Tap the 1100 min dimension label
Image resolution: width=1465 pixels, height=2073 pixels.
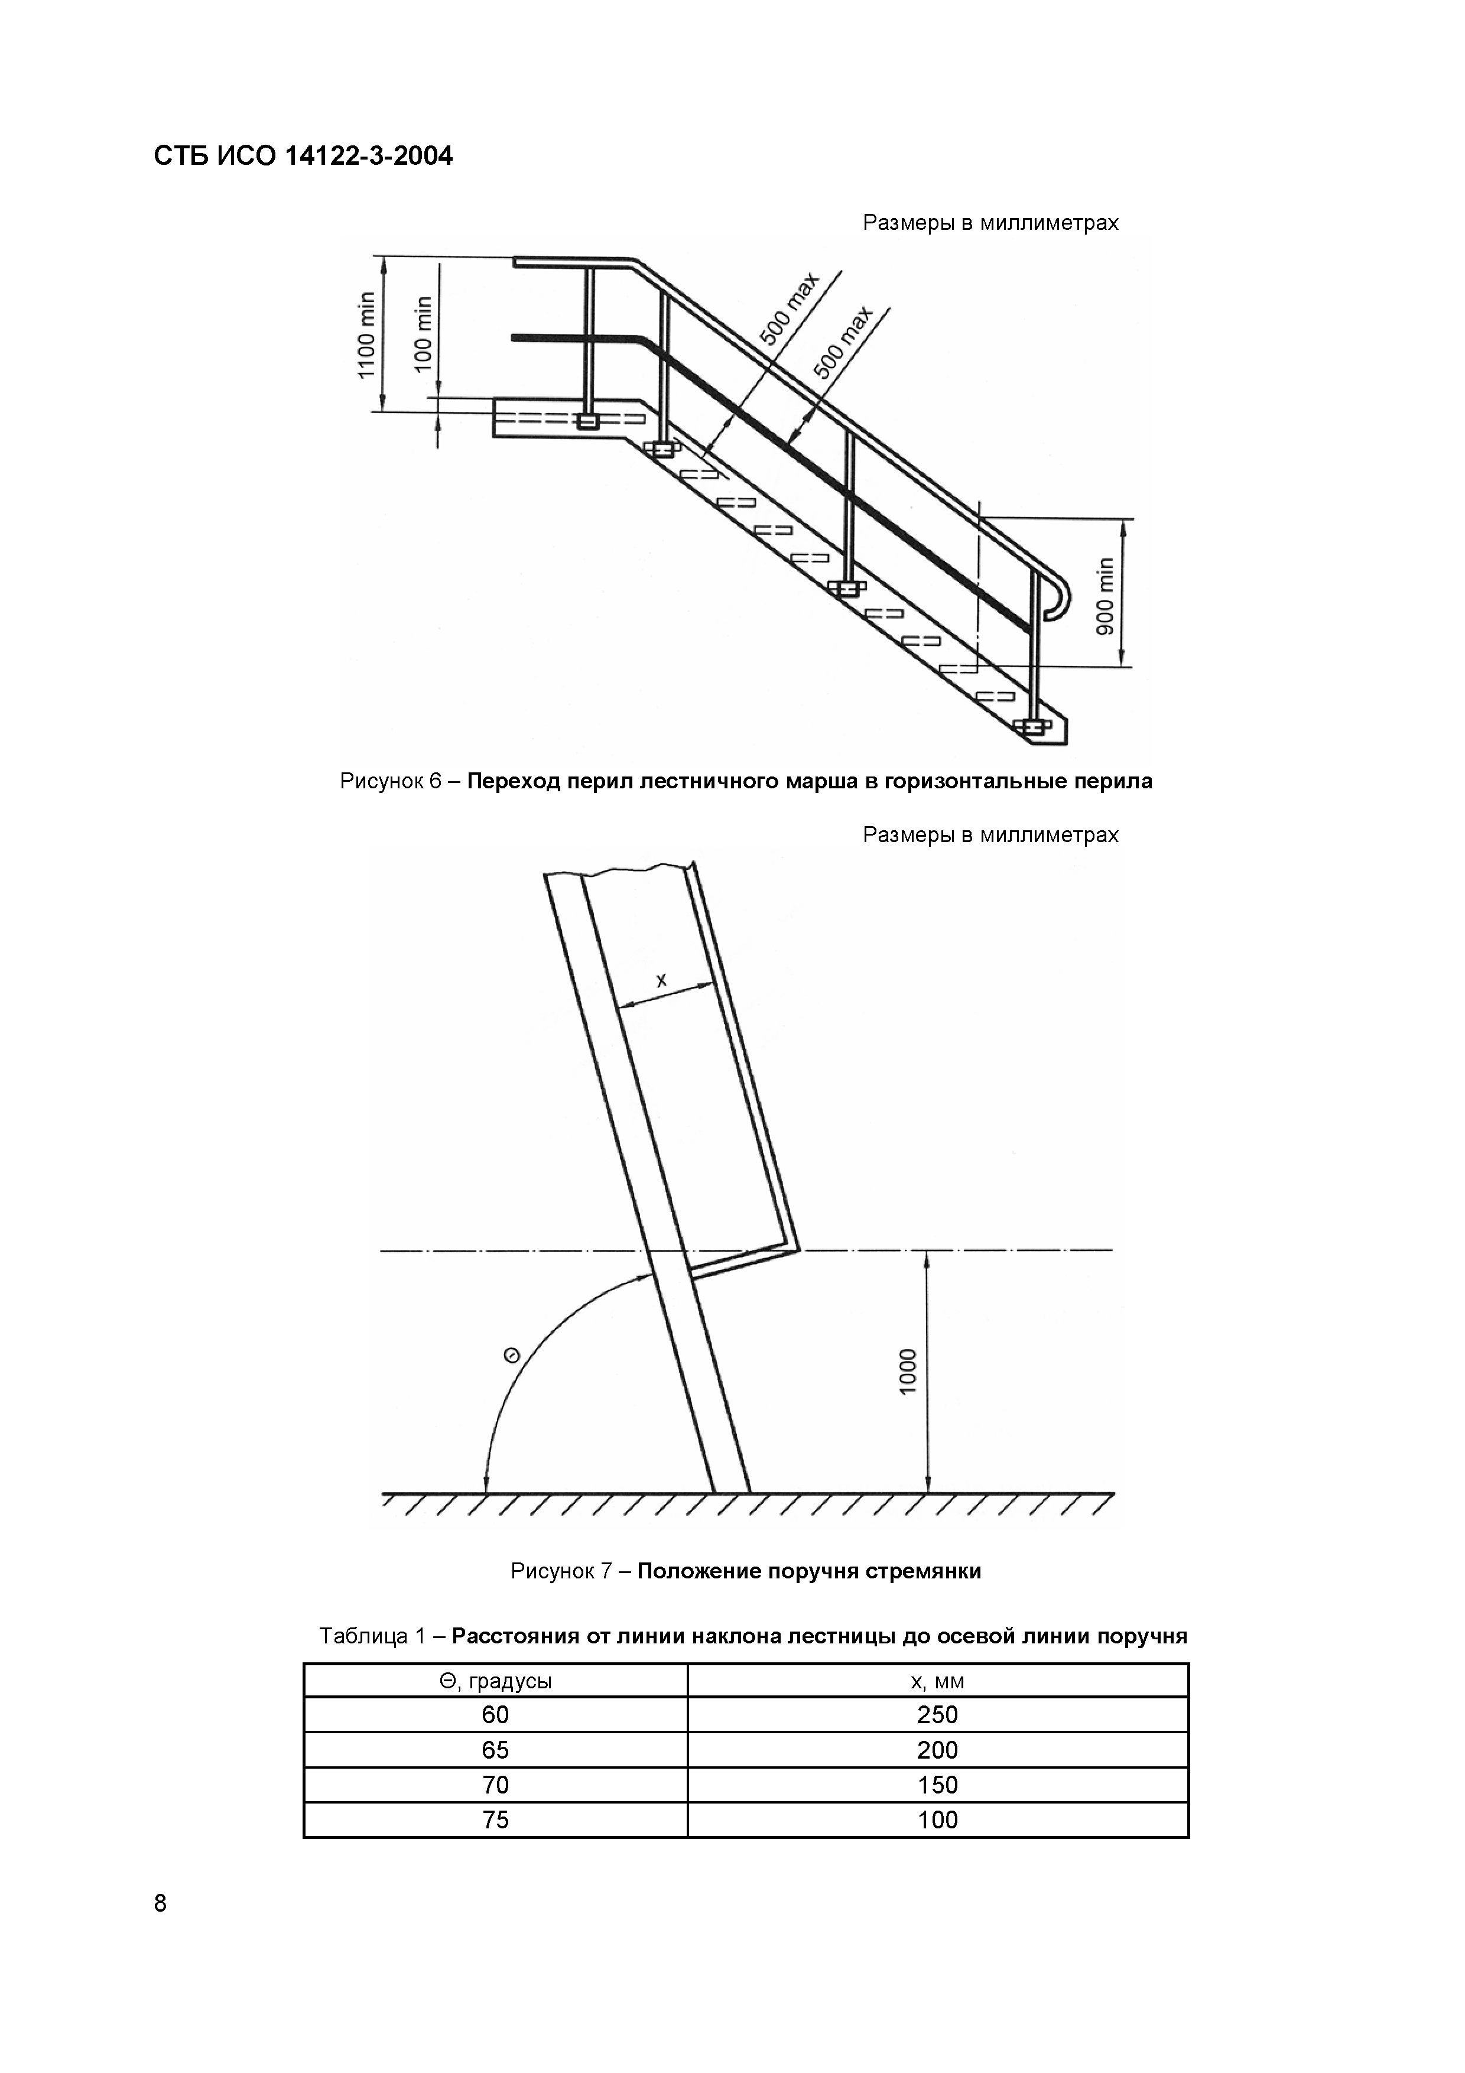coord(366,335)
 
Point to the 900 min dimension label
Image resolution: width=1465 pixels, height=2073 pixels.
coord(1106,596)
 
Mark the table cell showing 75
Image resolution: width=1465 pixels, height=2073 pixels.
coord(496,1819)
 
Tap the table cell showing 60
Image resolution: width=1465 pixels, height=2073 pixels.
coord(496,1714)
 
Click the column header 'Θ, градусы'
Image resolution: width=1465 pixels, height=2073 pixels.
coord(496,1681)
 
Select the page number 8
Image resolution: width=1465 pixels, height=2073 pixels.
coord(161,1903)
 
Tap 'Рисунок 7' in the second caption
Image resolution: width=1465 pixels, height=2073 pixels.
coord(561,1571)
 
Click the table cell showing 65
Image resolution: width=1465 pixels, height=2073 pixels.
coord(496,1750)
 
